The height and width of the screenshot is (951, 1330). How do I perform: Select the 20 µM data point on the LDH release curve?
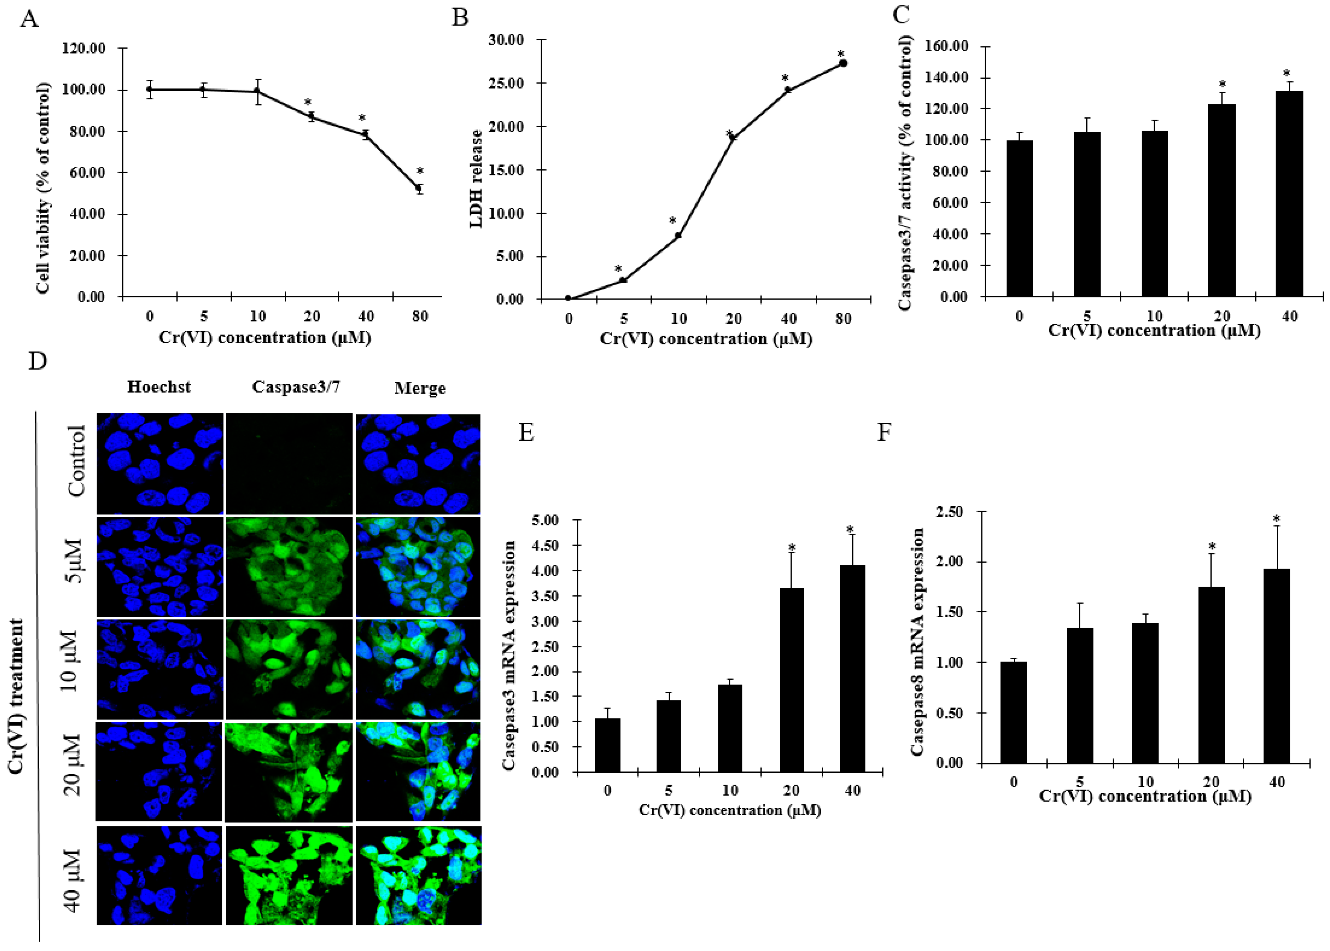pyautogui.click(x=732, y=138)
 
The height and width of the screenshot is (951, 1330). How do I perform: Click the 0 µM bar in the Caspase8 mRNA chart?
pyautogui.click(x=1013, y=712)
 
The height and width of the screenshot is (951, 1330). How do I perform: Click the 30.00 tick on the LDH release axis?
pyautogui.click(x=507, y=40)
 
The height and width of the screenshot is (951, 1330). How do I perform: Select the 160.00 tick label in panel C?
pyautogui.click(x=946, y=46)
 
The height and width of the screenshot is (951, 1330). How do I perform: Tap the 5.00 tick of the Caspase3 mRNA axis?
pyautogui.click(x=545, y=520)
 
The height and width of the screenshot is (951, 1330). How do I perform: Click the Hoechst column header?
pyautogui.click(x=159, y=387)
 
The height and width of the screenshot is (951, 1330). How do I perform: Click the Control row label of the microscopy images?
pyautogui.click(x=77, y=461)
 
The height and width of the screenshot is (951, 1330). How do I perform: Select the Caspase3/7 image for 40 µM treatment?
pyautogui.click(x=289, y=875)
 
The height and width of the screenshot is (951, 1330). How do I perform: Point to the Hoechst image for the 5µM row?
pyautogui.click(x=159, y=566)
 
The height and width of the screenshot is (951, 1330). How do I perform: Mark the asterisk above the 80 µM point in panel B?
pyautogui.click(x=841, y=54)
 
